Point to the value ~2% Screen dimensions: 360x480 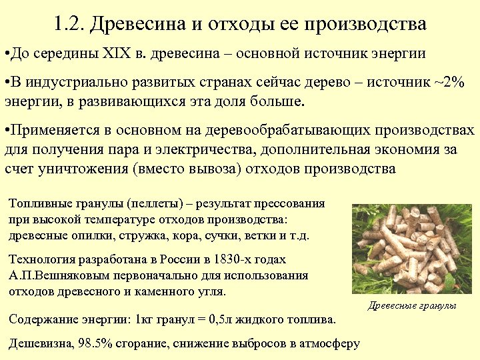tap(448, 81)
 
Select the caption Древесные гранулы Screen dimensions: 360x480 tap(412, 305)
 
